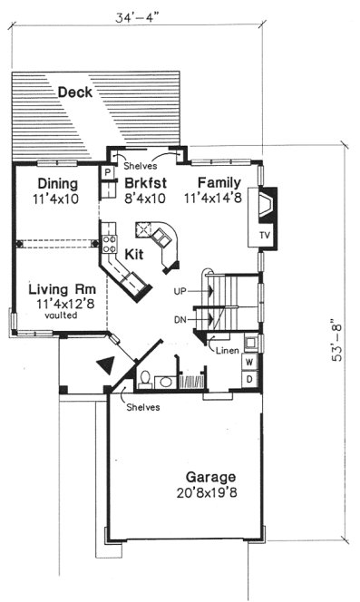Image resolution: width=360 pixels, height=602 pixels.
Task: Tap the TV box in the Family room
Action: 265,236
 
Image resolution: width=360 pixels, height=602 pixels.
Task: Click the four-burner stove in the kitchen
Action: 109,243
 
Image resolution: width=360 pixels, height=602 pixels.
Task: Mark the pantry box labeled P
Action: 107,170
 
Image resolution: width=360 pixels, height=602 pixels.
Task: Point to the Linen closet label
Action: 228,348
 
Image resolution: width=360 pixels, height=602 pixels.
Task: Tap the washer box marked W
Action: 248,362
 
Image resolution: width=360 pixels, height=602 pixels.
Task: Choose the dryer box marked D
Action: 248,378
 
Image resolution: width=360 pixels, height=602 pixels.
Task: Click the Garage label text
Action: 211,477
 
